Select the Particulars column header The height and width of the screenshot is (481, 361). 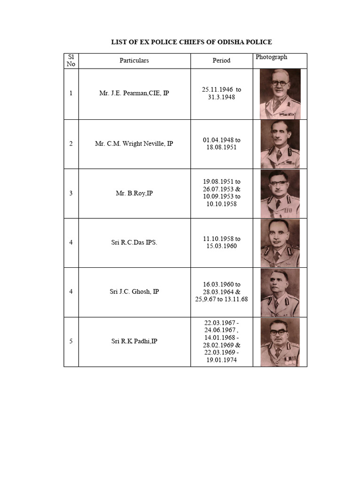coord(134,61)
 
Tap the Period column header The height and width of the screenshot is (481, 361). coord(221,61)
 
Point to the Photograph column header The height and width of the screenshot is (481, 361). coord(271,57)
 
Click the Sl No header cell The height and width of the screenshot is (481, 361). coord(71,61)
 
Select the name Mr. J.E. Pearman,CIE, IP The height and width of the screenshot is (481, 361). coord(134,93)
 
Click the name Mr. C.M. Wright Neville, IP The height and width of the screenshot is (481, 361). coord(134,144)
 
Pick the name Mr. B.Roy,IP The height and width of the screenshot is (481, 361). coord(134,193)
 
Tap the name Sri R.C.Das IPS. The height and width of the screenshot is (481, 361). coord(134,242)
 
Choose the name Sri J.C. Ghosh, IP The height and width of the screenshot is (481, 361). coord(134,292)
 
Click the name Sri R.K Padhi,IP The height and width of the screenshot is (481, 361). coord(134,341)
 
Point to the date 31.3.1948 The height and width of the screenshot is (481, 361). coord(221,97)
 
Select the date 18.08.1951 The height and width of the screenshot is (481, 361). coord(221,147)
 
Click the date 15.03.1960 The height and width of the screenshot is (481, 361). coord(221,246)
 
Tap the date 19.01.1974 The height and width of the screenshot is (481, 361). coord(221,360)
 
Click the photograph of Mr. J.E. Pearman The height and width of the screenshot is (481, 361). coord(280,93)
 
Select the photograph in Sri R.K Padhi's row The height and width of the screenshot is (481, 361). coord(280,342)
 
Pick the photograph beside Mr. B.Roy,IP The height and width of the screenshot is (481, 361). coord(280,194)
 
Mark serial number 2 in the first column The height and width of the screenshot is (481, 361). coord(71,144)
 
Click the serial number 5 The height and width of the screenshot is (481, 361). coord(71,341)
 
